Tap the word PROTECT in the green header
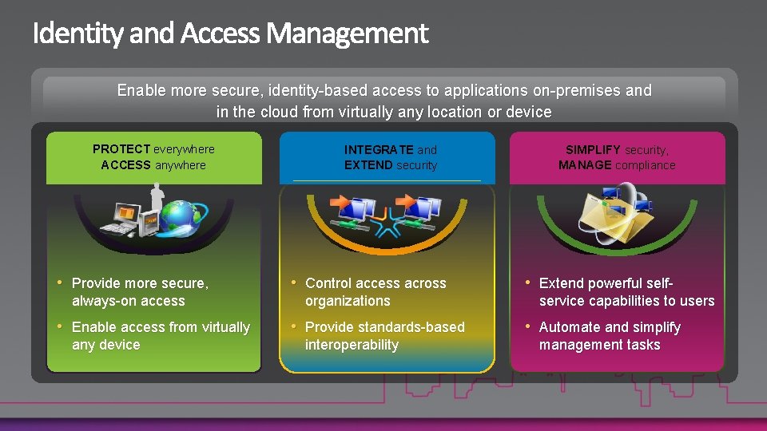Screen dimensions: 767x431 click(121, 148)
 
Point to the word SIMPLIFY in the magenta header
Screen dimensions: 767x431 click(593, 149)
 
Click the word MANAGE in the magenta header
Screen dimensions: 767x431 click(586, 165)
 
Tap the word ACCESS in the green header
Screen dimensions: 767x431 click(125, 165)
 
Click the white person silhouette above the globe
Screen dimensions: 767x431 click(157, 197)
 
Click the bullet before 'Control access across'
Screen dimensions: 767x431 click(293, 283)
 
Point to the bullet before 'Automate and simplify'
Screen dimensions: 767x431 click(527, 326)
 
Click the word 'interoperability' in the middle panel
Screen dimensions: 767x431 click(352, 345)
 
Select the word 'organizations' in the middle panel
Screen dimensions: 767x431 click(348, 301)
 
